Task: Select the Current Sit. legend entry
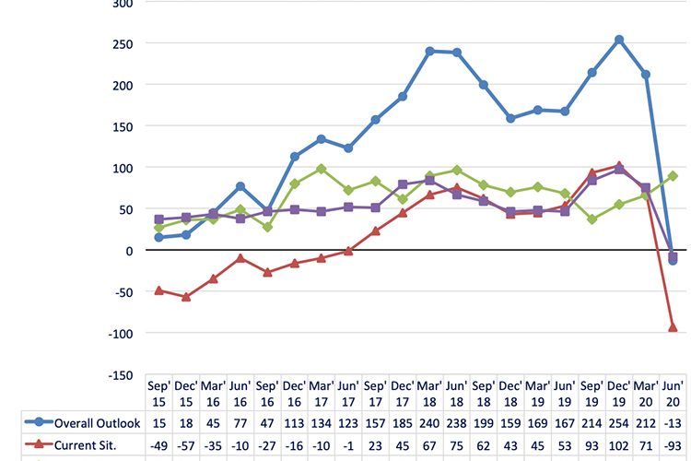[83, 444]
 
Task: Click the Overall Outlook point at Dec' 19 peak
[619, 40]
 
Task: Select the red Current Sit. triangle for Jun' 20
[673, 327]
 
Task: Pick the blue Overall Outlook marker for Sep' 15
[159, 238]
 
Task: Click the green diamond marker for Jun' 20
[673, 176]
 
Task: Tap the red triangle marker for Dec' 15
[186, 297]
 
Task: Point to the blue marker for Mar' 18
[430, 52]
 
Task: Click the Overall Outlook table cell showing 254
[619, 423]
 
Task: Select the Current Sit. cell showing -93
[673, 444]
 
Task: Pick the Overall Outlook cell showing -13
[673, 423]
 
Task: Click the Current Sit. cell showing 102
[619, 444]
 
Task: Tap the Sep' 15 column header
[159, 393]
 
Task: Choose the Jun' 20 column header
[673, 393]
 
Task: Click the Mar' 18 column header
[430, 393]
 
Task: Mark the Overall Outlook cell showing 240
[430, 423]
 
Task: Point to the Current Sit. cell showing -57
[186, 444]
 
